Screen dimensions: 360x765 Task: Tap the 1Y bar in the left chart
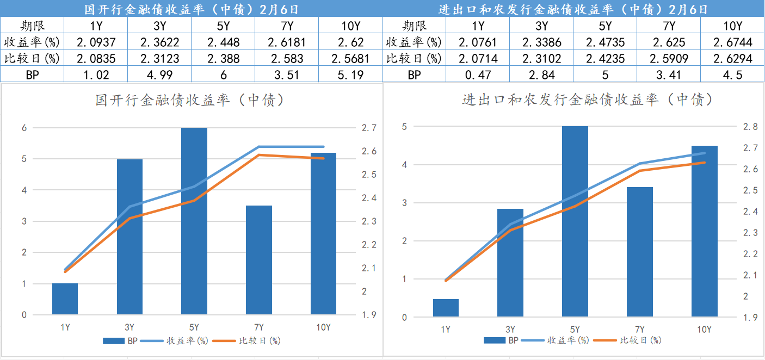click(65, 299)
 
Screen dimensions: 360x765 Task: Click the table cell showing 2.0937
click(96, 42)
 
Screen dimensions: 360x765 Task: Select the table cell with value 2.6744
click(732, 42)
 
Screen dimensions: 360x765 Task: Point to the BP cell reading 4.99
click(159, 75)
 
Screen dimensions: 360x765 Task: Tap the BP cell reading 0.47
click(478, 75)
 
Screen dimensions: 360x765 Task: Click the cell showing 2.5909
click(669, 58)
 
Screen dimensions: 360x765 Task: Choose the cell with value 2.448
click(223, 42)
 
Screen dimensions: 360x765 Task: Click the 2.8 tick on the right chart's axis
click(750, 127)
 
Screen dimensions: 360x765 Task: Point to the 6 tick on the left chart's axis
click(24, 128)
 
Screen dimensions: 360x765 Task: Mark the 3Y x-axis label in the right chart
click(510, 330)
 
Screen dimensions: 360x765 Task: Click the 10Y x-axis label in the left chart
click(323, 327)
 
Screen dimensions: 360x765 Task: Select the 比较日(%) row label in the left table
click(32, 58)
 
